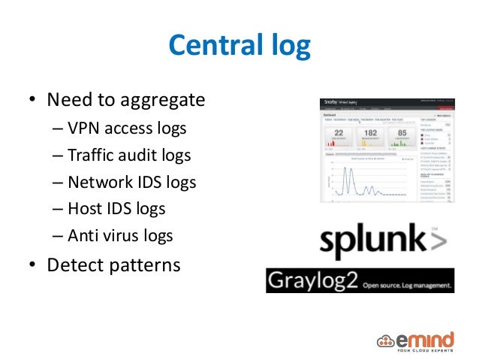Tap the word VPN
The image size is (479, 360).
point(84,129)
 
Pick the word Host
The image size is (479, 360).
point(85,209)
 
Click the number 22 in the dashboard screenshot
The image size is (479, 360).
point(339,134)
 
